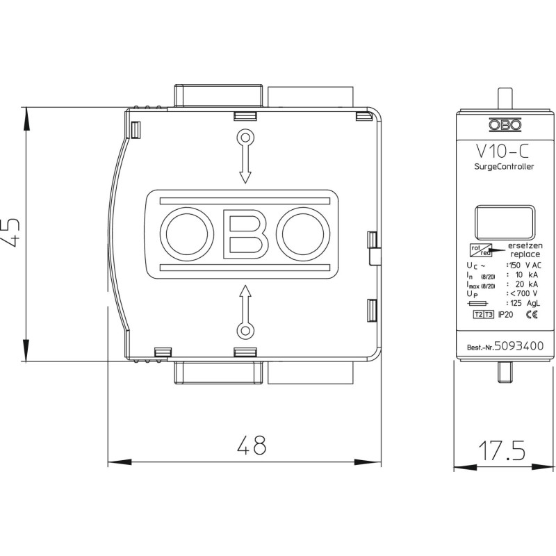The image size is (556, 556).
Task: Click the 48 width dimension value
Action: click(252, 445)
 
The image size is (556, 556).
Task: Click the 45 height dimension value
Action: click(10, 233)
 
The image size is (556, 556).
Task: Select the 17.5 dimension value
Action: click(502, 450)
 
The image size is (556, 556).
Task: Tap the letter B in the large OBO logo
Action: click(245, 234)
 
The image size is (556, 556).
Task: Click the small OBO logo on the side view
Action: click(505, 124)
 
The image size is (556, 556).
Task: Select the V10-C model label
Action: click(502, 151)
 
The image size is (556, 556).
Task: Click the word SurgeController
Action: click(504, 167)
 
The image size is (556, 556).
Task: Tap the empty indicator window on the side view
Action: click(505, 222)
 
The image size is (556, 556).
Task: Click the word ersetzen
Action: click(525, 245)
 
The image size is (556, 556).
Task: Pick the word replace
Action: click(525, 254)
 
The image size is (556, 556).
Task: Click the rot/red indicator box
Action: click(481, 250)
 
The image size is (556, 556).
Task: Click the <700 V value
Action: click(524, 293)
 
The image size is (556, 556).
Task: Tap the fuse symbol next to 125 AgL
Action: click(478, 303)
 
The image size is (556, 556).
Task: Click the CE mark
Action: click(532, 314)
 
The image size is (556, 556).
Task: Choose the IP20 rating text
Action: click(505, 315)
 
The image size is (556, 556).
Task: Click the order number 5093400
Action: click(518, 345)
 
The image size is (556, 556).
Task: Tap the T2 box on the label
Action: click(478, 315)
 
